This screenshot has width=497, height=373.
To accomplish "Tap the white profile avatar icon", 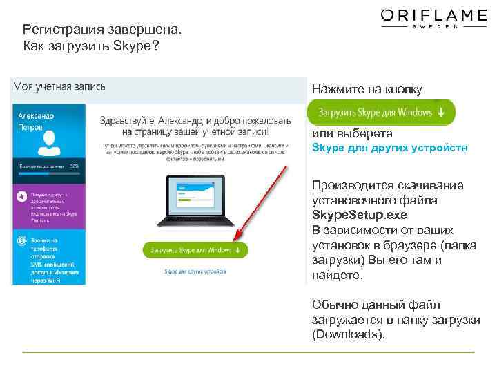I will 48,144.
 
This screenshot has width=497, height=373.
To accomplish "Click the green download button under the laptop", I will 195,249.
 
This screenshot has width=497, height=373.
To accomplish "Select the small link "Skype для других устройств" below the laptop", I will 195,271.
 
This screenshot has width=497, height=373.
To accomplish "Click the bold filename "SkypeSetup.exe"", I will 354,215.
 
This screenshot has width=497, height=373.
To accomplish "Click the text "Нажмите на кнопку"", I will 366,89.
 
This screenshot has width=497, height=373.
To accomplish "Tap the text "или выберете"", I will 352,133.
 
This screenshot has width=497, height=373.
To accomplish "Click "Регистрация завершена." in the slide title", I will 102,30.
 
